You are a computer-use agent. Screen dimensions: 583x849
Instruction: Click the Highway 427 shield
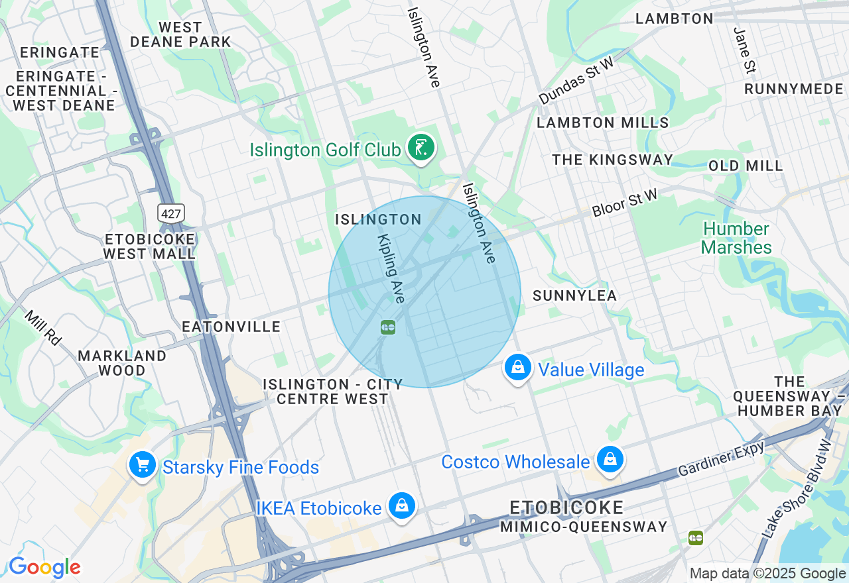(x=171, y=213)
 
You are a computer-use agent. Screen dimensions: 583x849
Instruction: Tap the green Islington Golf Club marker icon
(x=421, y=148)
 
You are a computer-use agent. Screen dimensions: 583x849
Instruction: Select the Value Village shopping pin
(x=517, y=368)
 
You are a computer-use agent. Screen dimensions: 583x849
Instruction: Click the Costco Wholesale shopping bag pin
(x=610, y=458)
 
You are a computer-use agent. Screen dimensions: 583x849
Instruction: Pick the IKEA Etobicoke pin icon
(x=401, y=505)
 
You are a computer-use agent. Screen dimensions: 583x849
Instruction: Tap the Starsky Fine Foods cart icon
(x=142, y=464)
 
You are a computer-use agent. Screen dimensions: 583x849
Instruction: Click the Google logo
(x=44, y=567)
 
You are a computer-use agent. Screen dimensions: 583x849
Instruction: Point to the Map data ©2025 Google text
(x=767, y=574)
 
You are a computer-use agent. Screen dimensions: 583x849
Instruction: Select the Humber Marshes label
(x=736, y=238)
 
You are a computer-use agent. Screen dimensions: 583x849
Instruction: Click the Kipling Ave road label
(x=391, y=268)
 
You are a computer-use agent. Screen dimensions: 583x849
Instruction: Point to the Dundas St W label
(x=576, y=81)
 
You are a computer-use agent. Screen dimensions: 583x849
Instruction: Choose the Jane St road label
(x=745, y=50)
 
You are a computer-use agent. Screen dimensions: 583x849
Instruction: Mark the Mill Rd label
(x=43, y=327)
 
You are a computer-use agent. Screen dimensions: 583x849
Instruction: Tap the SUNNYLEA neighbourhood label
(x=574, y=295)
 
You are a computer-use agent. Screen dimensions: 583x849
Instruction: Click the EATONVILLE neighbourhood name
(x=231, y=327)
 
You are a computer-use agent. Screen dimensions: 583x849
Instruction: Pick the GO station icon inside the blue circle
(x=388, y=327)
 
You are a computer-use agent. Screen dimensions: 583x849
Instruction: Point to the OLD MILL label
(x=746, y=166)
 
